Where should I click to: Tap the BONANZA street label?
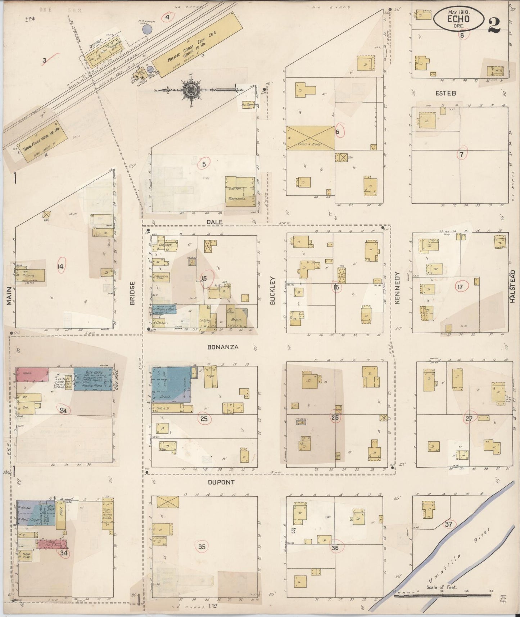click(x=223, y=347)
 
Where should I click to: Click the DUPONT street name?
click(x=221, y=482)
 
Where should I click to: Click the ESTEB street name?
click(x=446, y=93)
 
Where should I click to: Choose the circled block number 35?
click(x=202, y=547)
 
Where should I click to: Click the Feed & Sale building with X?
click(x=310, y=138)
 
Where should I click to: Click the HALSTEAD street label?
click(x=512, y=286)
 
